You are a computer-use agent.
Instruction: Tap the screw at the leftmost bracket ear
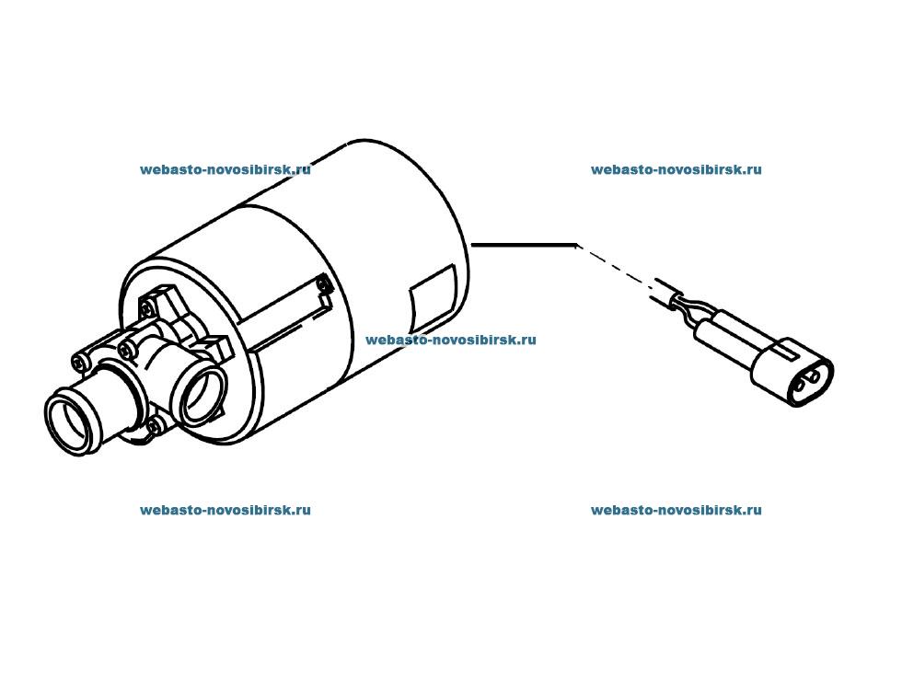pos(79,363)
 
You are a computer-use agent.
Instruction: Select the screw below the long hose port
pos(155,426)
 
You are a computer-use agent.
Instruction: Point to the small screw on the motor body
pos(323,283)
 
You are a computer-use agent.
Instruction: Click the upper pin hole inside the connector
pos(814,376)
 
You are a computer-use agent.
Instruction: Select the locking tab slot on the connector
pos(785,350)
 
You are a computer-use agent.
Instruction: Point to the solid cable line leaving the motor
pos(524,245)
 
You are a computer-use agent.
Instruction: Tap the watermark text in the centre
pos(451,340)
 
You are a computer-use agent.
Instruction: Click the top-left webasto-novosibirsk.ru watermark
pos(225,169)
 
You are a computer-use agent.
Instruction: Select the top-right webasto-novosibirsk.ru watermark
pos(676,169)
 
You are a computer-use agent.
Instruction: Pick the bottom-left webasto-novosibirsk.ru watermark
pos(225,510)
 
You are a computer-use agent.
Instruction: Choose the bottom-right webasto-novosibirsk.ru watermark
pos(676,510)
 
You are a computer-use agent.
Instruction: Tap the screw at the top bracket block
pos(149,309)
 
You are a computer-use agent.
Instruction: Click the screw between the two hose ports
pos(126,351)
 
